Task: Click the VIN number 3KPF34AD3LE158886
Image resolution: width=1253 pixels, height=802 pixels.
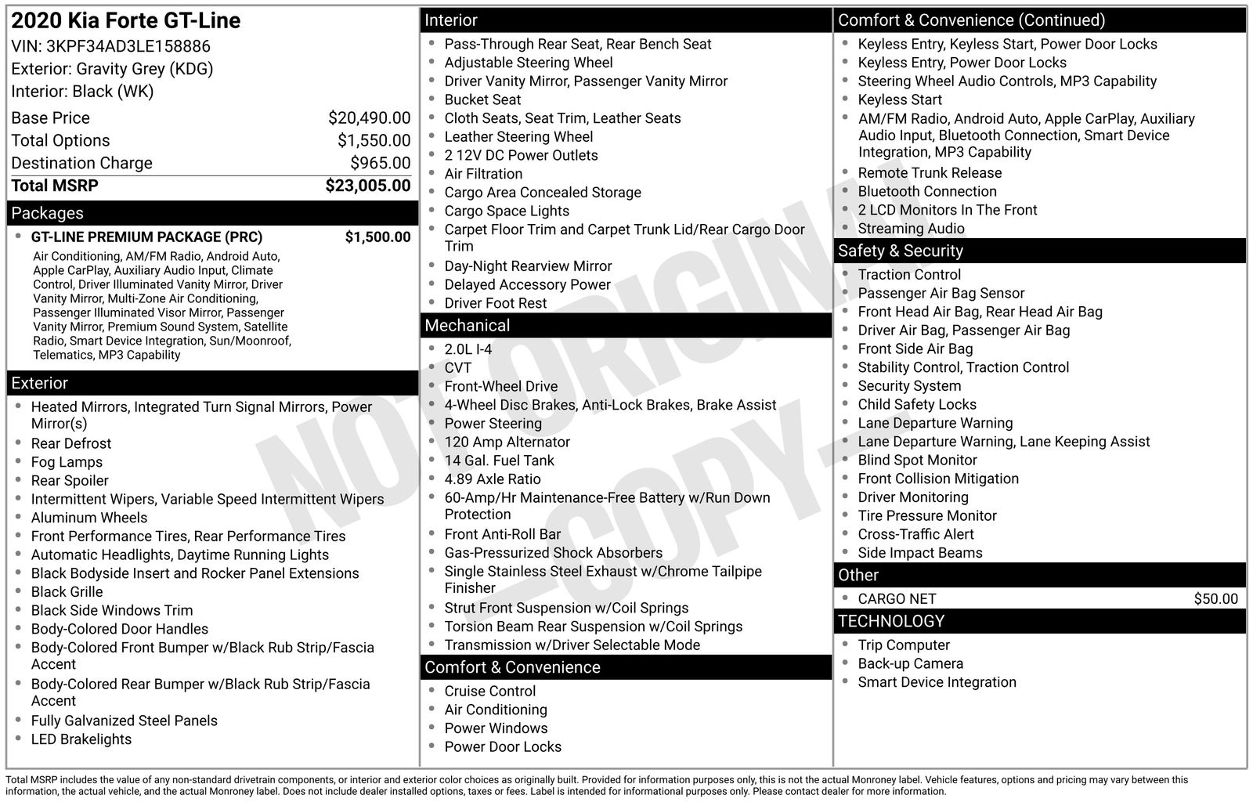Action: tap(128, 46)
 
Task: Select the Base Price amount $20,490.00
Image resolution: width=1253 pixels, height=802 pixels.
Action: tap(369, 118)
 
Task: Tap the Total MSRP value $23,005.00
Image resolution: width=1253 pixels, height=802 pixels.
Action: tap(367, 186)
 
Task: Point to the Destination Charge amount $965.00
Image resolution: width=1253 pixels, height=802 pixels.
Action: tap(380, 163)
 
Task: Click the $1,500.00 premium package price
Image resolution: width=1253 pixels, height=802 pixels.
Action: tap(377, 237)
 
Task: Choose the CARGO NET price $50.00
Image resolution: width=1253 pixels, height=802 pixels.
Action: tap(1215, 599)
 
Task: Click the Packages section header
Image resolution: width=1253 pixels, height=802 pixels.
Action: tap(47, 213)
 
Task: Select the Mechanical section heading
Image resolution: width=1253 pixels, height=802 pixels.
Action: tap(467, 325)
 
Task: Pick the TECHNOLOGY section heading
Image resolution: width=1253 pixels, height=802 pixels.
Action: tap(890, 621)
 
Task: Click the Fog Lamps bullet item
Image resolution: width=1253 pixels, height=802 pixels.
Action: tap(67, 462)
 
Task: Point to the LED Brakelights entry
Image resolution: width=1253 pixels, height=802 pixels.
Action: tap(81, 739)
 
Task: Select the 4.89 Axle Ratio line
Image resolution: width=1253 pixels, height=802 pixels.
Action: tap(493, 479)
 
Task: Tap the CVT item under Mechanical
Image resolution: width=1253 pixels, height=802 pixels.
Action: tap(458, 368)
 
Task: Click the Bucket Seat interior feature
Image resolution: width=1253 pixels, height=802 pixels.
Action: tap(482, 99)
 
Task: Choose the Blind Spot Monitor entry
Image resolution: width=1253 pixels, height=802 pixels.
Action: tap(917, 461)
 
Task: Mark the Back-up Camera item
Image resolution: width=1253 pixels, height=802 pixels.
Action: tap(910, 663)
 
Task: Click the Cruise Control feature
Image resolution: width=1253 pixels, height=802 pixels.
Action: tap(490, 691)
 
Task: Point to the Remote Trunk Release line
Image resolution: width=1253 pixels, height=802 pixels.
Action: tap(930, 173)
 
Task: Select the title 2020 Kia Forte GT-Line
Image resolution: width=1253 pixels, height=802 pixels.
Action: tap(126, 20)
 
